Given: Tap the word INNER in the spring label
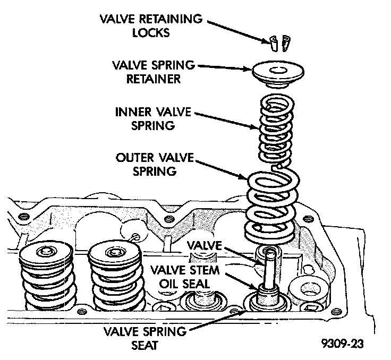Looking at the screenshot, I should pyautogui.click(x=131, y=113).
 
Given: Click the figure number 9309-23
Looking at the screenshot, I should pyautogui.click(x=343, y=344).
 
